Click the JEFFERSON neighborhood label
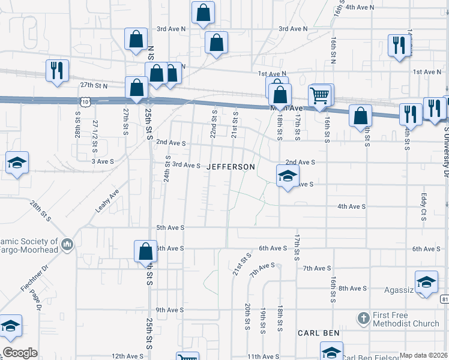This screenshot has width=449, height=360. click(x=231, y=167)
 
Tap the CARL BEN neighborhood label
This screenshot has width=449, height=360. click(x=319, y=332)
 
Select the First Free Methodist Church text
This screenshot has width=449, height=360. click(x=406, y=320)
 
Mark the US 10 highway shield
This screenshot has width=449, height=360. click(x=86, y=103)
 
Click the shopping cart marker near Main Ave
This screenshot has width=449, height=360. click(x=319, y=95)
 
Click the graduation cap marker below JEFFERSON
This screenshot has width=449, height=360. click(x=287, y=176)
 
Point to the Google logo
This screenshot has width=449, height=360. click(x=20, y=352)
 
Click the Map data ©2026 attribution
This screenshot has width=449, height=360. click(x=423, y=355)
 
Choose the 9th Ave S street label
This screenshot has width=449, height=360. click(x=170, y=310)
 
